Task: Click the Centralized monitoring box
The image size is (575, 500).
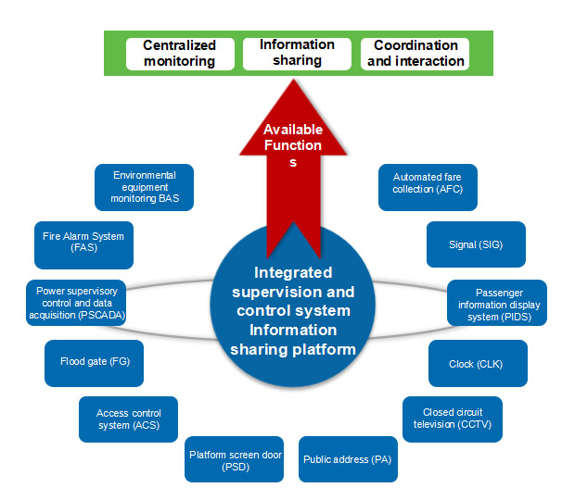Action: (179, 54)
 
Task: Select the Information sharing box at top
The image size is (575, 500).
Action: (297, 53)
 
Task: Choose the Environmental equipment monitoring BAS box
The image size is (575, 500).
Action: (144, 187)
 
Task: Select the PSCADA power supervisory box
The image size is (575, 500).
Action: (75, 303)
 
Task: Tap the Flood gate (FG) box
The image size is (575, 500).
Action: (95, 363)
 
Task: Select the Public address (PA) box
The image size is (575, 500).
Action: (349, 459)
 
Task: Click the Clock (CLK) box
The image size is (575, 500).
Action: (477, 363)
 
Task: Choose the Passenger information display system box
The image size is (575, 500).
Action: (496, 303)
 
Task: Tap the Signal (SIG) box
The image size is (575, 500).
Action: (475, 244)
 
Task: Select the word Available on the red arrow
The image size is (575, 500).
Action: (292, 130)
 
